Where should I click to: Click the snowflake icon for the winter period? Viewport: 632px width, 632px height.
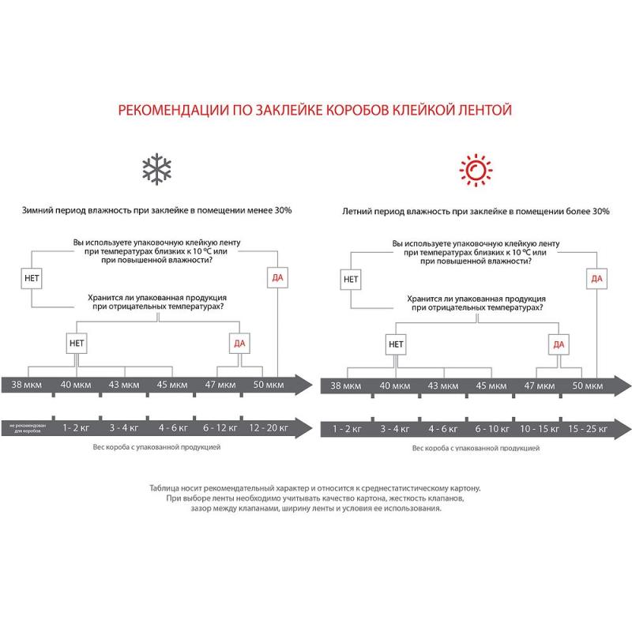[x=156, y=170]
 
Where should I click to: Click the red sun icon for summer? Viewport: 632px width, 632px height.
[x=476, y=169]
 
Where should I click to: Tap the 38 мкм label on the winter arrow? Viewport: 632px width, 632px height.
[x=28, y=385]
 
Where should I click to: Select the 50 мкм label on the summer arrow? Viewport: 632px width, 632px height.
[x=587, y=386]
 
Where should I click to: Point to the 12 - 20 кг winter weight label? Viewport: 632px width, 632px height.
[x=269, y=427]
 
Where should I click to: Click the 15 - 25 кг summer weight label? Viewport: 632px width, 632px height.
[x=586, y=429]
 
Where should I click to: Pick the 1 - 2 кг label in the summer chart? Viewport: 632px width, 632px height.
[x=347, y=429]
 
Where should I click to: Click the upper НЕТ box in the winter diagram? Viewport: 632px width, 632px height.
[x=30, y=277]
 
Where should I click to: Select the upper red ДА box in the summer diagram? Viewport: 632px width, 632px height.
[x=596, y=278]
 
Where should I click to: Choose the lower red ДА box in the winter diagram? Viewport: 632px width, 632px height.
[x=239, y=343]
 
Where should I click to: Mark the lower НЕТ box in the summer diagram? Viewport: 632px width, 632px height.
[x=396, y=344]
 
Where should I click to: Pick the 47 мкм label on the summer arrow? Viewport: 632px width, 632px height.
[x=540, y=386]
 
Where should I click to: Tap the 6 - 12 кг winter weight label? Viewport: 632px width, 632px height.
[x=220, y=427]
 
